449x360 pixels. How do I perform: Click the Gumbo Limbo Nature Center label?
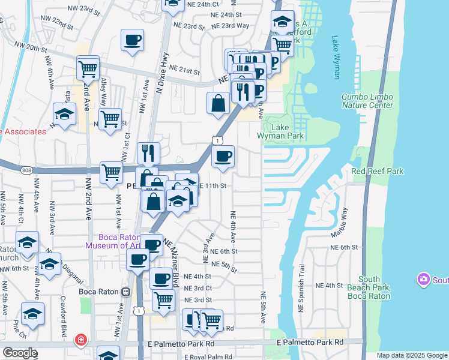point(367,101)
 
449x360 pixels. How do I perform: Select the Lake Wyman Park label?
point(280,131)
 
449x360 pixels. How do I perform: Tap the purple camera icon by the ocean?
point(424,280)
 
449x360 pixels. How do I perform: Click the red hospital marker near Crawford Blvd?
point(80,340)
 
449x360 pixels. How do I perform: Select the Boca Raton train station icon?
point(125,292)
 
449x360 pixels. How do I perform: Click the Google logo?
point(20,353)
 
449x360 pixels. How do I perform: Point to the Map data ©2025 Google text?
point(411,355)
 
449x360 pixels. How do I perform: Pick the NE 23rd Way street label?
point(233,26)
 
